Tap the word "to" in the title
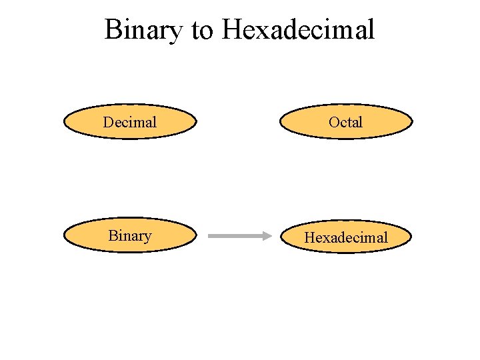[202, 30]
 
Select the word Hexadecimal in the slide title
[299, 30]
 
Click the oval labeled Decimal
[130, 122]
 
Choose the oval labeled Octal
[346, 122]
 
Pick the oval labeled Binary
[130, 236]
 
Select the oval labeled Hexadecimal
[346, 237]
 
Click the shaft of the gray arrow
[233, 236]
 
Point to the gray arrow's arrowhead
[264, 236]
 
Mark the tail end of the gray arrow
[210, 236]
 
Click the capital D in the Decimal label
[108, 122]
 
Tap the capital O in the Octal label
[334, 122]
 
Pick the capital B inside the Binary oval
[112, 236]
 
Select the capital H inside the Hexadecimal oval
[309, 237]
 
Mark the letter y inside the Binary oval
[147, 238]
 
